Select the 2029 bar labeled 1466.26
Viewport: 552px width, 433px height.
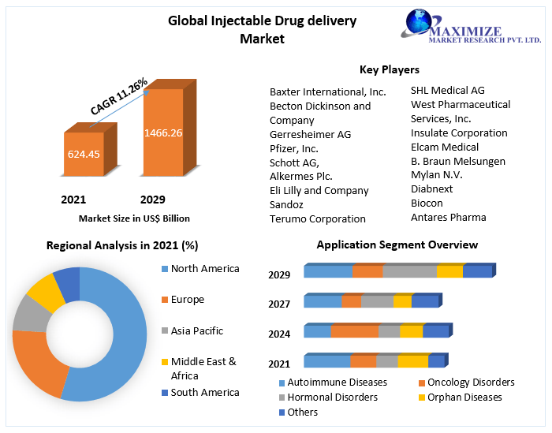click(162, 133)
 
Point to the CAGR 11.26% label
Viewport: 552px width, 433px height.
click(119, 95)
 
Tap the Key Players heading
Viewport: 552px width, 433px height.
click(389, 70)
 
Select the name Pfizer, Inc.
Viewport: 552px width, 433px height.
click(294, 148)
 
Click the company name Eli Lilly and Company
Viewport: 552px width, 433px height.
click(319, 190)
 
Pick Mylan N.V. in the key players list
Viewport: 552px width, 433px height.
click(436, 175)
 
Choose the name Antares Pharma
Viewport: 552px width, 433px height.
click(448, 217)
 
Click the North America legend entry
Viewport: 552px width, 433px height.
click(204, 269)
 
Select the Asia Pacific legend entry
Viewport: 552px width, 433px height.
click(196, 331)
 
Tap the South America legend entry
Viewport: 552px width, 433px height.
click(204, 393)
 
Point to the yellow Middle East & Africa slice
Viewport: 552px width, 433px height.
click(45, 293)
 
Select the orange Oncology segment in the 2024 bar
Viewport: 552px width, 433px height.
click(354, 331)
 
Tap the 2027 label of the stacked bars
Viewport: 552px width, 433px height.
click(279, 304)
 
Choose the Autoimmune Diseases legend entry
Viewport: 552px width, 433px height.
click(337, 383)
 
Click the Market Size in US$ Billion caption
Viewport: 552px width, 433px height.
click(134, 218)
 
